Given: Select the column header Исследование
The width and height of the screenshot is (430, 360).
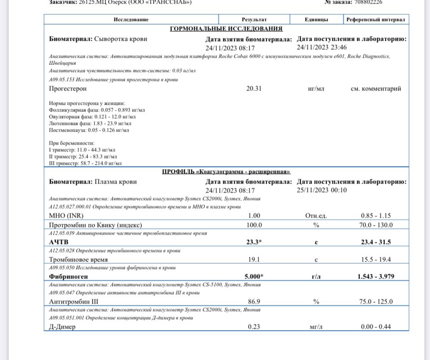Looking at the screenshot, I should [131, 20].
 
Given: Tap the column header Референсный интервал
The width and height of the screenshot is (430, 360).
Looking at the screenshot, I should [376, 20].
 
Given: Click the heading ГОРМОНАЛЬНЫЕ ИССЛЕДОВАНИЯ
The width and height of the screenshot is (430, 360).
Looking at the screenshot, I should [226, 29].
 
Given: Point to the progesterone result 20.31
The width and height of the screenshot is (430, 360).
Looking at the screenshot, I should [254, 89].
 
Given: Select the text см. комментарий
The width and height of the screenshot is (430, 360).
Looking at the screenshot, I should [376, 89].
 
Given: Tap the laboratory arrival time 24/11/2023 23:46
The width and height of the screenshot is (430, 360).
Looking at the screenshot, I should [322, 47].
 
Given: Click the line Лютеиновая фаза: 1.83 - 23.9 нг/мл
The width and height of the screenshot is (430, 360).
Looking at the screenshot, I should [90, 123].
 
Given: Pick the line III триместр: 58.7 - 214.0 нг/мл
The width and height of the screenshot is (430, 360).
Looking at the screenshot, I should [85, 163].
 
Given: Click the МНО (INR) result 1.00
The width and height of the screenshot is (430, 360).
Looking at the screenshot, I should [254, 216].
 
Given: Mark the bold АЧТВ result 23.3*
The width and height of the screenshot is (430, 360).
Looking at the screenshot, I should [254, 242].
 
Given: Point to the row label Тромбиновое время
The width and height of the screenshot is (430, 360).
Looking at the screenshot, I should [78, 259].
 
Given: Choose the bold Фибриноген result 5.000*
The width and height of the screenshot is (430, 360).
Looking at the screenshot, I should [254, 277].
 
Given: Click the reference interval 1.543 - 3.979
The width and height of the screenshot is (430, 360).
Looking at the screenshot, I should [376, 277].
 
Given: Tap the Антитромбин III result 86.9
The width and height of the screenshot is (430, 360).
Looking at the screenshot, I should [254, 302].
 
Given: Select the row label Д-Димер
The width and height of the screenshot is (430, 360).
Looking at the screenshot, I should [62, 327].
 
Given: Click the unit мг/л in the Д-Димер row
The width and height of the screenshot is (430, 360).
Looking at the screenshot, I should [316, 327].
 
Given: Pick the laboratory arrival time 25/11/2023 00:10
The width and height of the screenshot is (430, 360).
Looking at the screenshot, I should [322, 190].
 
